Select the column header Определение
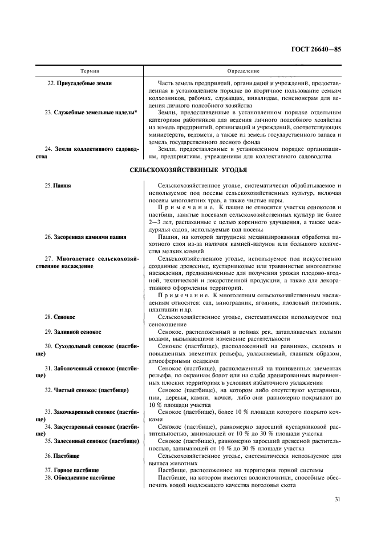[x=243, y=71]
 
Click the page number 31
[x=338, y=498]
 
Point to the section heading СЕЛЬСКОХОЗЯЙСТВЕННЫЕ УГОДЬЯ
[x=188, y=170]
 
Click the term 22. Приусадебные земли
[x=79, y=83]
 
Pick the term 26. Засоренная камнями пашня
[x=85, y=237]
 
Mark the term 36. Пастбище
[x=62, y=456]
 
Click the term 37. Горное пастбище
[x=71, y=470]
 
